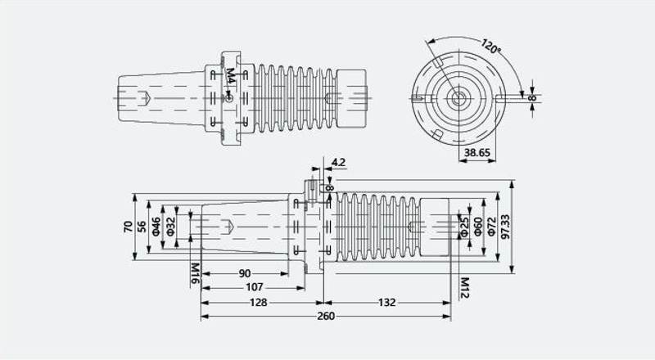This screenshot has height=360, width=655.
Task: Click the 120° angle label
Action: pos(490,46)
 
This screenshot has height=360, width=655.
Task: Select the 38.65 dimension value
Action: pos(477,153)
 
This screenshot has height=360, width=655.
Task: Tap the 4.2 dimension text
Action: pos(338,162)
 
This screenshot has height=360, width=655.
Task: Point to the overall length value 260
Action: pos(326,316)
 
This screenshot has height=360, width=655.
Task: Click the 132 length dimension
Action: pos(386,303)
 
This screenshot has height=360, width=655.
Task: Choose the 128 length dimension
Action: pos(259,303)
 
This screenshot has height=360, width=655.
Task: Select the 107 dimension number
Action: pos(255,287)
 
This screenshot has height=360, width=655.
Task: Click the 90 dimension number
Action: pos(245,273)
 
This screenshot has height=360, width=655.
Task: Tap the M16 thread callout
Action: pos(195,273)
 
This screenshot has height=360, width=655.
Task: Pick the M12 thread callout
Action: pos(464,288)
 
